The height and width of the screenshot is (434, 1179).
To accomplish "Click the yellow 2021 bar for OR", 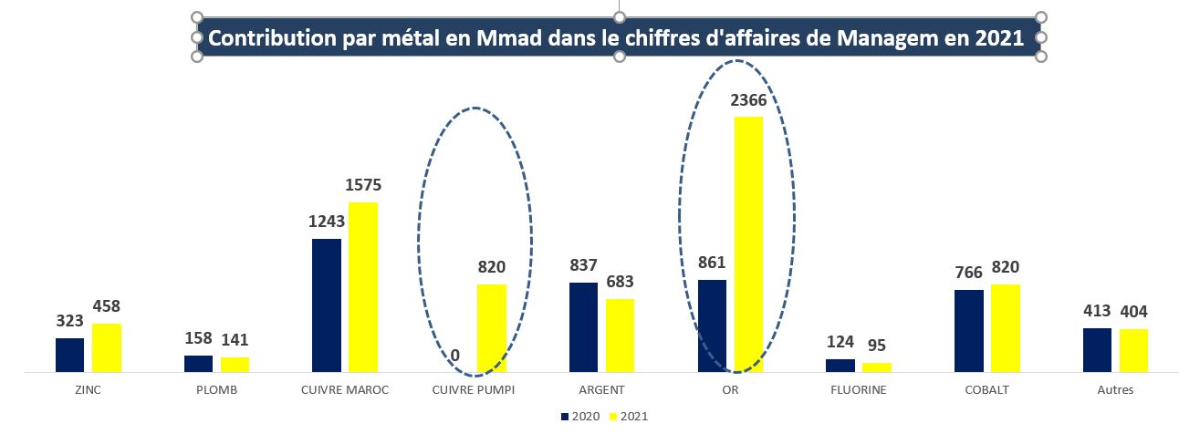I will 748,244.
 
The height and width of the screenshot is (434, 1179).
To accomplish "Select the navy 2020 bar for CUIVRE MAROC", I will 327,305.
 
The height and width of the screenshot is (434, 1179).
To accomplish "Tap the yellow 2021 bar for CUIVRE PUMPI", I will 492,328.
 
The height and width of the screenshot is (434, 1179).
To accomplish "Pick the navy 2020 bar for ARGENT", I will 584,327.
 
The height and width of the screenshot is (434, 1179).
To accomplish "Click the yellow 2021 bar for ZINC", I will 106,347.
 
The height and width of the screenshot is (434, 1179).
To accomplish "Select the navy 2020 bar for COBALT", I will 969,331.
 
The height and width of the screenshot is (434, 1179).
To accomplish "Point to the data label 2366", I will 748,100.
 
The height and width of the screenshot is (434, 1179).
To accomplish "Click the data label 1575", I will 363,185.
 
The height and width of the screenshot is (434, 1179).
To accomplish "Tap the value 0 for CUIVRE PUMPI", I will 455,356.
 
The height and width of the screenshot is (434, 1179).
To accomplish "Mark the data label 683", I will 621,282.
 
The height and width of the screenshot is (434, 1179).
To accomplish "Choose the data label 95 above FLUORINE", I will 876,346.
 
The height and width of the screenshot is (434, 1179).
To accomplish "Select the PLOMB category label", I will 216,390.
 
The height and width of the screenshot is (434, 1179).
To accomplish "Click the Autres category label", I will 1115,390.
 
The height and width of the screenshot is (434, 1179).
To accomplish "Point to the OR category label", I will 730,390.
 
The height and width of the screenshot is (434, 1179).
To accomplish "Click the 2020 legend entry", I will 579,416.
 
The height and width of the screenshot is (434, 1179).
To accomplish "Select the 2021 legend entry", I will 629,416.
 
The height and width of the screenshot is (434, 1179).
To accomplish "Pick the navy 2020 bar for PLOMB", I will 198,364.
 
